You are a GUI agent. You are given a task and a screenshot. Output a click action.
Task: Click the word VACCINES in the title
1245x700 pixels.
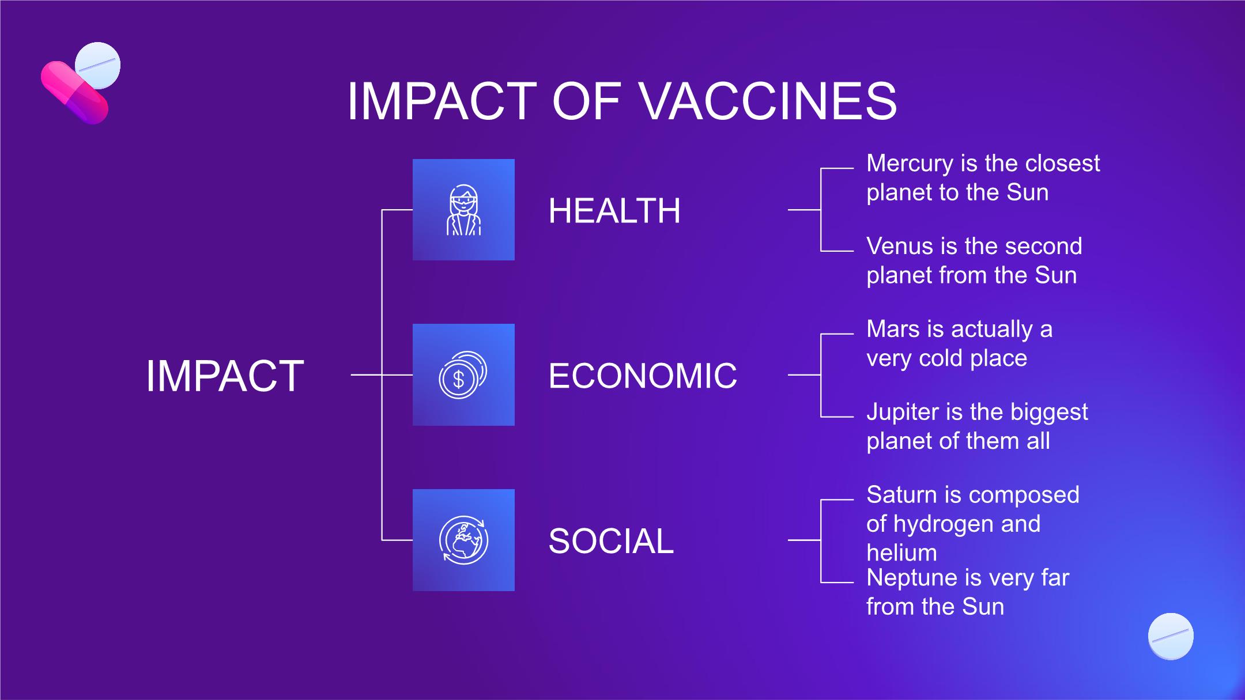click(x=768, y=101)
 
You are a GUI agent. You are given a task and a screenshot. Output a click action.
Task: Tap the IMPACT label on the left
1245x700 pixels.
click(x=225, y=376)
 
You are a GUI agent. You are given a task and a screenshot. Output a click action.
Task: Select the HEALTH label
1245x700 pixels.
click(x=614, y=210)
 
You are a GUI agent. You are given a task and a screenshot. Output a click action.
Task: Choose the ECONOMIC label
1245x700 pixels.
click(x=643, y=376)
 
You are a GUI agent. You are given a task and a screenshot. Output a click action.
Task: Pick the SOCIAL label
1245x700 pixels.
click(x=611, y=541)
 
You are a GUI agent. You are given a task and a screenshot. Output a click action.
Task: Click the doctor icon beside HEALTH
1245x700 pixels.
click(x=463, y=210)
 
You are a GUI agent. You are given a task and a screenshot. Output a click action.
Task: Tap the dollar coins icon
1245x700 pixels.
click(x=463, y=375)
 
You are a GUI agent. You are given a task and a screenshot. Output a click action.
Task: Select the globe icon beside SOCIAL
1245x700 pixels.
click(x=463, y=540)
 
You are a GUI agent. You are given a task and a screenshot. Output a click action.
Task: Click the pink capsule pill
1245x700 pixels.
click(x=74, y=92)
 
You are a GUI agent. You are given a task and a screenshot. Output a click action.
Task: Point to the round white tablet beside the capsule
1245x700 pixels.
click(x=98, y=65)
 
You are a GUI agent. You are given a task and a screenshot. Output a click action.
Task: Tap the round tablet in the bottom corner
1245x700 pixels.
click(x=1171, y=636)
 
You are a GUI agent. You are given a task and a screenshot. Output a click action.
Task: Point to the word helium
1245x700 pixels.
click(x=901, y=553)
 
